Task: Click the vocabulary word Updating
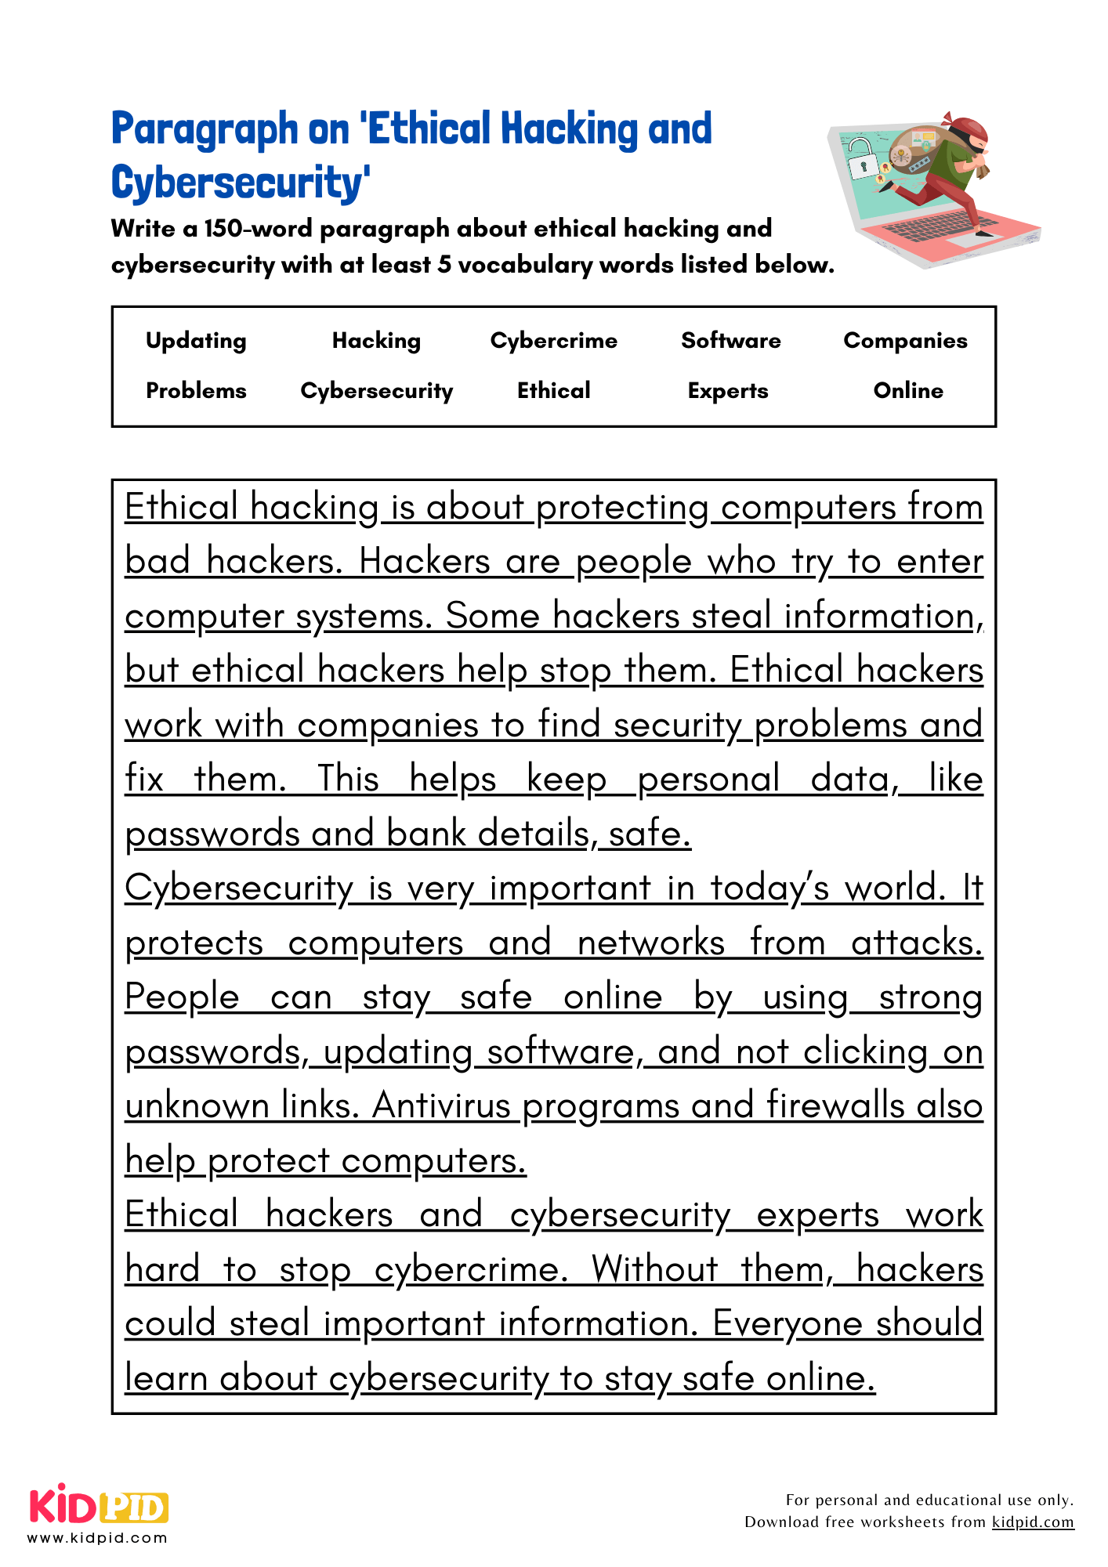coord(196,341)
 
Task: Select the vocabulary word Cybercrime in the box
coord(553,341)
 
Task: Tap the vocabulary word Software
coord(730,341)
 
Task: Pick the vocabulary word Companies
coord(905,341)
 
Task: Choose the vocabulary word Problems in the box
coord(196,390)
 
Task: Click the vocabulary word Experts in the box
coord(728,390)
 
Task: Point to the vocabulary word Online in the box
coord(908,390)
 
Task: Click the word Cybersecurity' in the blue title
coord(240,183)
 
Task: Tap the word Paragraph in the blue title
coord(205,129)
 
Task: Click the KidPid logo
coord(99,1504)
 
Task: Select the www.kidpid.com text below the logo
coord(97,1538)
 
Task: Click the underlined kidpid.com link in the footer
coord(1032,1522)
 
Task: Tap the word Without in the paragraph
coord(654,1269)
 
